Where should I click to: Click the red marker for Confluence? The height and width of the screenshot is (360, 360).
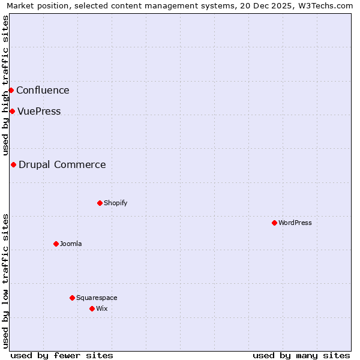(11, 90)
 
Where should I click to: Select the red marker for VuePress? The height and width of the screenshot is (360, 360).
(12, 111)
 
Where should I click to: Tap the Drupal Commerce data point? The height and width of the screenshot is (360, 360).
(13, 164)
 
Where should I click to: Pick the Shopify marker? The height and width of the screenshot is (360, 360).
(100, 203)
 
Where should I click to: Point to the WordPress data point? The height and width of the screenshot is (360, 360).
(274, 223)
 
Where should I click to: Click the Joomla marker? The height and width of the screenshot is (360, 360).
(56, 244)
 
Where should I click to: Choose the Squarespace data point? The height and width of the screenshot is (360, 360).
(72, 298)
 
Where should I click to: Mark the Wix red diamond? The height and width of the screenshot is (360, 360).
(92, 308)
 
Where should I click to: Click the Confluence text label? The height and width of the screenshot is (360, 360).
(43, 91)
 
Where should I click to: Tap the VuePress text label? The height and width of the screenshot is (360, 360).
(39, 112)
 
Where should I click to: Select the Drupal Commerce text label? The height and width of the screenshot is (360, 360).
(62, 165)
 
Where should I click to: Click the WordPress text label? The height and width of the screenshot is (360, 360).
(295, 223)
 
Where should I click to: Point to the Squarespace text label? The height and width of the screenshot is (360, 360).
(97, 298)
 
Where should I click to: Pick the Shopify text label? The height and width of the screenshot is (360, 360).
(116, 203)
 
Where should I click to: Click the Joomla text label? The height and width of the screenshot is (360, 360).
(71, 244)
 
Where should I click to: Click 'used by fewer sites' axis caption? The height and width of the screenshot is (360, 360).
(62, 355)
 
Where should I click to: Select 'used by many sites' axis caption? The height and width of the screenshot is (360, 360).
(301, 355)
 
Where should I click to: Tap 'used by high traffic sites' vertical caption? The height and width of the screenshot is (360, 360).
(5, 85)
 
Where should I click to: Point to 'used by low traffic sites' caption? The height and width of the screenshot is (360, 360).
(5, 281)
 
